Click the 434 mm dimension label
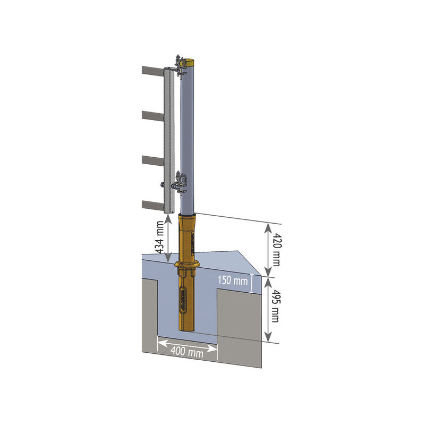(160, 237)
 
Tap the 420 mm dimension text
(276, 249)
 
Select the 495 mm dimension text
(275, 306)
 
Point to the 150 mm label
(233, 280)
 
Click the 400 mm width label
(187, 352)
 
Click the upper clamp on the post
(180, 66)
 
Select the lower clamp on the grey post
(180, 182)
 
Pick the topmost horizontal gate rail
(153, 71)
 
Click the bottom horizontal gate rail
(153, 205)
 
